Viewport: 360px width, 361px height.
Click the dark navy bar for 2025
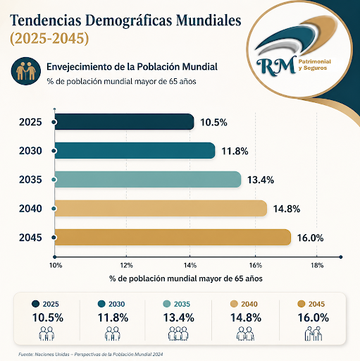[125, 122]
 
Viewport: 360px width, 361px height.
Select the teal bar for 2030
[135, 150]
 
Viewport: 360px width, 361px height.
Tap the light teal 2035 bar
[148, 179]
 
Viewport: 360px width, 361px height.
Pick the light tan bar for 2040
[161, 208]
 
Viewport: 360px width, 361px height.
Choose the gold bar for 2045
[173, 237]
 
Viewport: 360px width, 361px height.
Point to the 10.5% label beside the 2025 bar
[213, 123]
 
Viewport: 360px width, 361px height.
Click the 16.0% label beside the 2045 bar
[311, 238]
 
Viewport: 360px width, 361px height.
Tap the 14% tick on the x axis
[190, 266]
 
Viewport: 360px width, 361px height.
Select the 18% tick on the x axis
[317, 266]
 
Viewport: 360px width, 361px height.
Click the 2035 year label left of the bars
[30, 180]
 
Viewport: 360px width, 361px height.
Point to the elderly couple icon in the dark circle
[26, 71]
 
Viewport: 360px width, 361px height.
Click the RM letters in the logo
[276, 66]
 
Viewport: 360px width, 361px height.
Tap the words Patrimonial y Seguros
[315, 65]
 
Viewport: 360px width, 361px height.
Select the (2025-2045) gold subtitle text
[49, 38]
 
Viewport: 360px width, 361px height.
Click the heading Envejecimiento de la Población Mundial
[132, 67]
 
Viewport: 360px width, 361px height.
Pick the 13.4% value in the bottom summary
[179, 318]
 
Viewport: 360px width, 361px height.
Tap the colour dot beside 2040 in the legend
[234, 304]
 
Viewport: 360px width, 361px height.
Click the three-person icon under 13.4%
[178, 334]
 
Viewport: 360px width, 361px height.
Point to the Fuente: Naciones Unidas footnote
[91, 354]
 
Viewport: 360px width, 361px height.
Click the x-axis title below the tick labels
[186, 279]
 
